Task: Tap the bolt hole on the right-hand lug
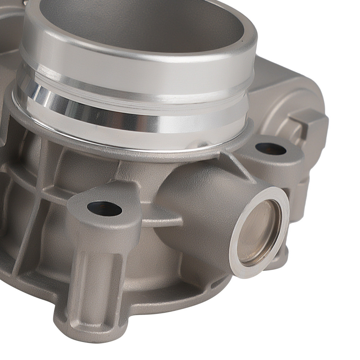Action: click(270, 149)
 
